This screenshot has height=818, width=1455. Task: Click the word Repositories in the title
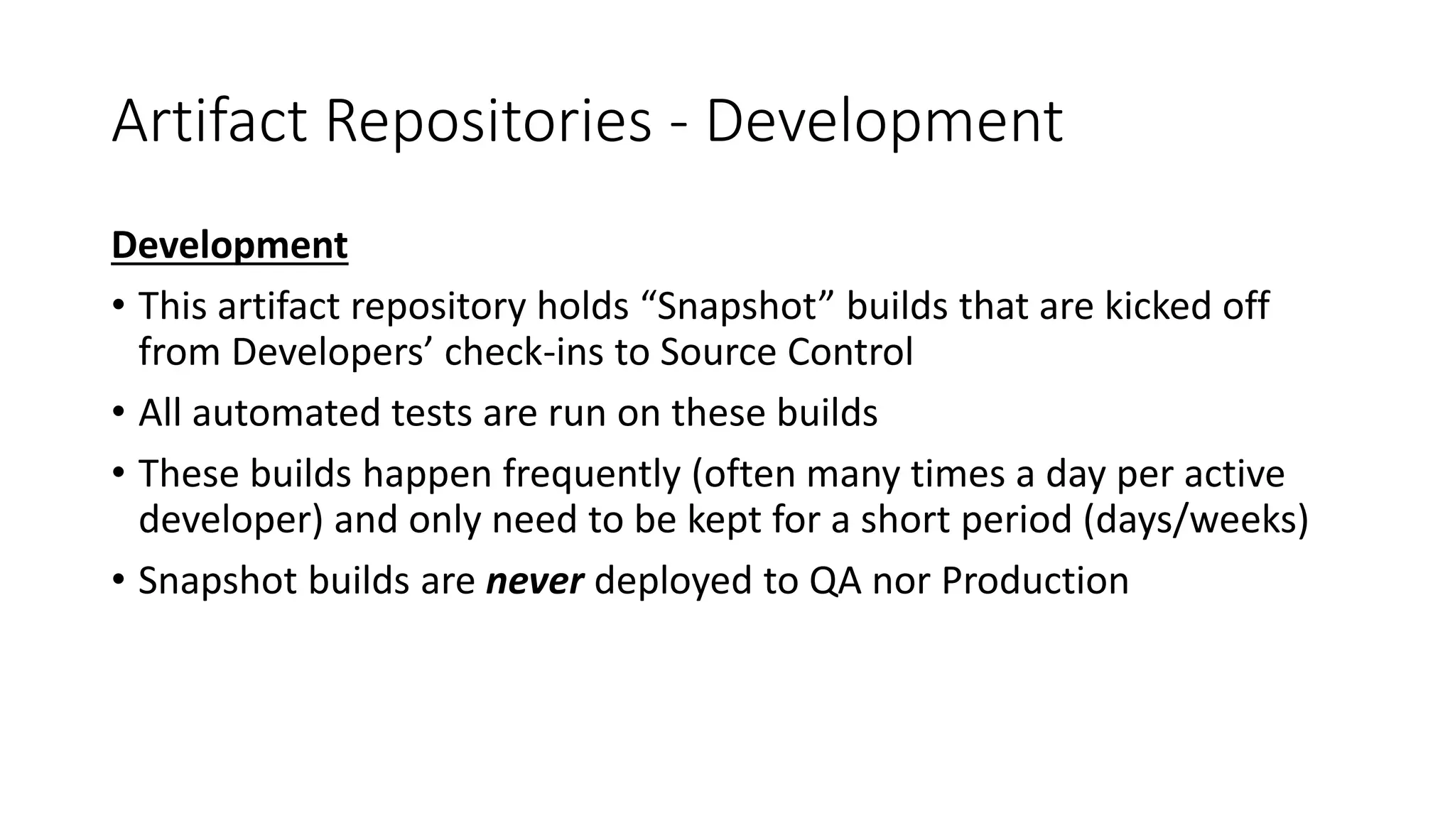(488, 122)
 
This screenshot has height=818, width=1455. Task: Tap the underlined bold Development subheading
(229, 246)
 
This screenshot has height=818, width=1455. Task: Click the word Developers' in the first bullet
(332, 352)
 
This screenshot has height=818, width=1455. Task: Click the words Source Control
(786, 352)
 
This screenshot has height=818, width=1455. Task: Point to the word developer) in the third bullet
(231, 520)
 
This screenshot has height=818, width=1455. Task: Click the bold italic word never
(534, 581)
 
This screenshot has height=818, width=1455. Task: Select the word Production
(1034, 581)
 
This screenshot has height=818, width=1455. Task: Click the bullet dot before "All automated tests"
(118, 413)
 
